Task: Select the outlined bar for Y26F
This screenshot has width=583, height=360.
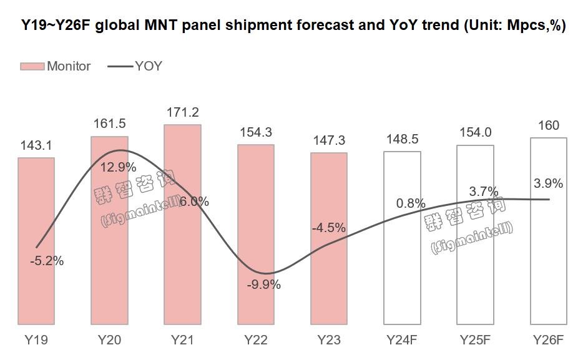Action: (549, 262)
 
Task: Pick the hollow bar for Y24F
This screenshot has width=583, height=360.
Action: (402, 268)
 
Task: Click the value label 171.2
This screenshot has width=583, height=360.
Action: (182, 112)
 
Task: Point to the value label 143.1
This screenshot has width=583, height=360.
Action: (36, 146)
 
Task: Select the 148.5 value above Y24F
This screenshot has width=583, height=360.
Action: (402, 139)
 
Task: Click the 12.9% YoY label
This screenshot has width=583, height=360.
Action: (119, 167)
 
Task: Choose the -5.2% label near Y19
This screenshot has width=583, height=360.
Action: (47, 261)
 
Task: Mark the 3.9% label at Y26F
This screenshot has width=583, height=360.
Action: (549, 183)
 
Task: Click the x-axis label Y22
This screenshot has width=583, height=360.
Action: (255, 341)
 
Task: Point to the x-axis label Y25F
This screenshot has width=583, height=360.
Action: (476, 341)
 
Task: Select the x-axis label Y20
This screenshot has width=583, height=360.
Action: (109, 341)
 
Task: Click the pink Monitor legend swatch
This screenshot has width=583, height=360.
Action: (32, 66)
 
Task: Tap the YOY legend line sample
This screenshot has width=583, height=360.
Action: (120, 66)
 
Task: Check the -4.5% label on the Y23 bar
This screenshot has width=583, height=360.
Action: (329, 228)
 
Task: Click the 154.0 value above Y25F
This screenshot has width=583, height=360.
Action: (476, 132)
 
